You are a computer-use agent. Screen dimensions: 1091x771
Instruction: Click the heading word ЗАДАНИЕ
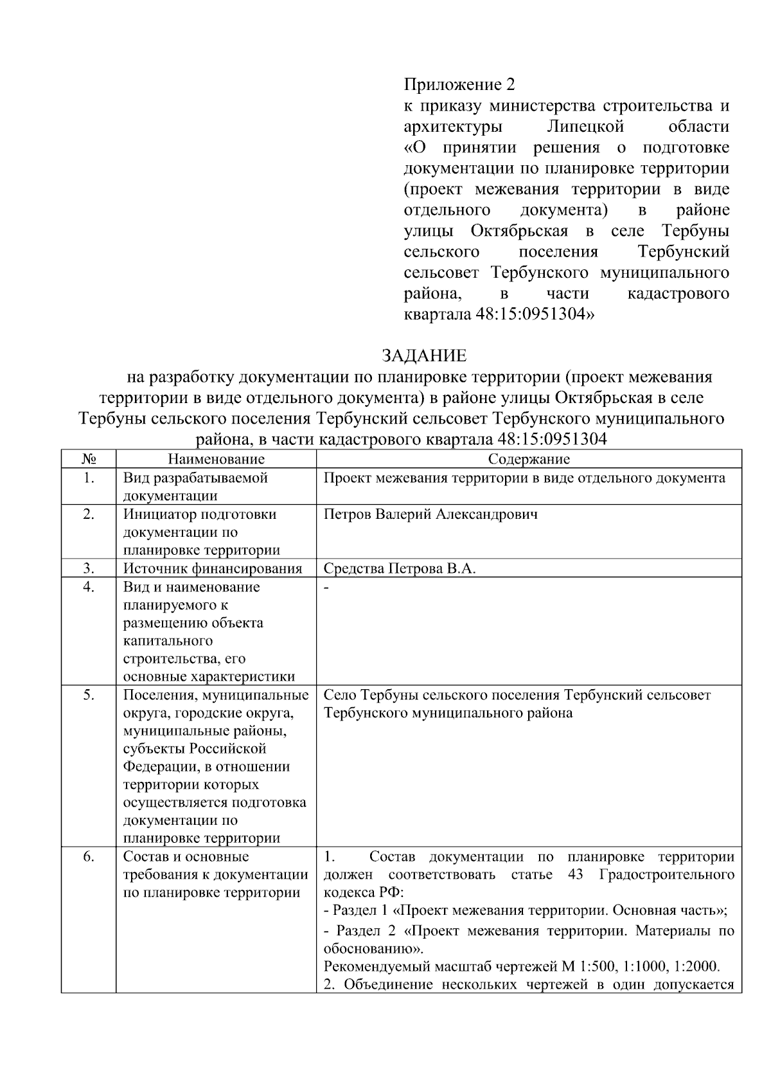[424, 356]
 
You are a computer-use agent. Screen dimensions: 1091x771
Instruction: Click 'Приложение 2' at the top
[459, 84]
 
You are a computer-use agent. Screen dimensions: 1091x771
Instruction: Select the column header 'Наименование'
[216, 459]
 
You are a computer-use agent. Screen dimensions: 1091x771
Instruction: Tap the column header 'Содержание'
[529, 459]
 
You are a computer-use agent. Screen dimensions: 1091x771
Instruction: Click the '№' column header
[89, 459]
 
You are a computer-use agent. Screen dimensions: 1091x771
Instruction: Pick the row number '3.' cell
[89, 568]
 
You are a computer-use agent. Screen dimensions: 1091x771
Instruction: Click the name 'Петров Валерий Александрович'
[430, 514]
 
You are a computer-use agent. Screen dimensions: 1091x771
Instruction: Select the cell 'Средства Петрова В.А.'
[399, 569]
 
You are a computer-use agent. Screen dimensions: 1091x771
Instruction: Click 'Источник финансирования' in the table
[212, 569]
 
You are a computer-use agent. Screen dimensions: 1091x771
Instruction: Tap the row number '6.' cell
[89, 857]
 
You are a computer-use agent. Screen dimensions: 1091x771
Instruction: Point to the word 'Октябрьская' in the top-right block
[519, 231]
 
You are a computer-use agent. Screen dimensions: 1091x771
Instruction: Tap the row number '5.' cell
[89, 696]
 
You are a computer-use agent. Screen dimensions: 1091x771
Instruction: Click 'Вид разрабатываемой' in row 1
[195, 478]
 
